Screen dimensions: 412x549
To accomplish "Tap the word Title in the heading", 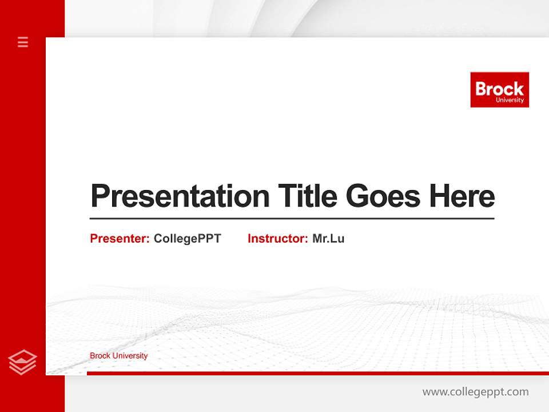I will [308, 196].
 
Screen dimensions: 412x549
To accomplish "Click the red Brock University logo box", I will [499, 89].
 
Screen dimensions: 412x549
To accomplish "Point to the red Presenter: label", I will [120, 239].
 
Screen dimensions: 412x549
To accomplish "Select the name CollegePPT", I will [187, 239].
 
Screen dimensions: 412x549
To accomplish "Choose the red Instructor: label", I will [277, 239].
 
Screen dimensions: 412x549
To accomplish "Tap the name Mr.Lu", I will [328, 239].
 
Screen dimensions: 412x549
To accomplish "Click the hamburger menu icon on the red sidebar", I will [23, 42].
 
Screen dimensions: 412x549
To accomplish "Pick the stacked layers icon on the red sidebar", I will [22, 362].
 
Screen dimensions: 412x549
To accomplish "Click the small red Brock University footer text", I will [118, 356].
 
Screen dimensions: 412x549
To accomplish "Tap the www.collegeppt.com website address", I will [475, 392].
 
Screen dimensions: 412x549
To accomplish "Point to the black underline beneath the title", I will [292, 219].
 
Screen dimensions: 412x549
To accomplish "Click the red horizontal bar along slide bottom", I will [317, 373].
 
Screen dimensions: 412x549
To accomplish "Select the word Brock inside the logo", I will [499, 89].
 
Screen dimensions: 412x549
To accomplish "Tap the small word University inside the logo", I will [510, 100].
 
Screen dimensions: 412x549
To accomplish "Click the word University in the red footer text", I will [130, 356].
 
